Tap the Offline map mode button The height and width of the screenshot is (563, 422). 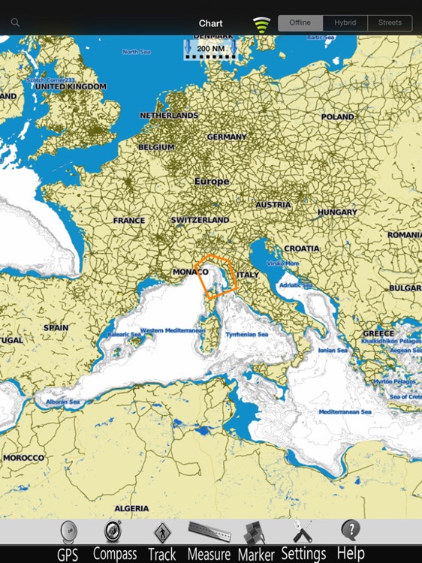point(300,23)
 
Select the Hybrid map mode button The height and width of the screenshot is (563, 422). point(345,23)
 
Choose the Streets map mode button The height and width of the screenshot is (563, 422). point(390,23)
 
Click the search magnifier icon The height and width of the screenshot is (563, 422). point(15,23)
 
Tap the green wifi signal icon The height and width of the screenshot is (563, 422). point(261,25)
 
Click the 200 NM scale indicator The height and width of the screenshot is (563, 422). point(210,49)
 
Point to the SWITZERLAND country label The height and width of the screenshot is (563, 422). point(200,220)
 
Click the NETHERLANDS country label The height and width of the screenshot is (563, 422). point(169,116)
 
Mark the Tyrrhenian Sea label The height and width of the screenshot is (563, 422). point(247,334)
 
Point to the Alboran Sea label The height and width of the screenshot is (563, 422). point(64,402)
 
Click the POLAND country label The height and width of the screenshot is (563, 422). point(337,117)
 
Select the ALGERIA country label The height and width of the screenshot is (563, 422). point(131,508)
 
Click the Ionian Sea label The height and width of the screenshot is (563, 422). point(333,350)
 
